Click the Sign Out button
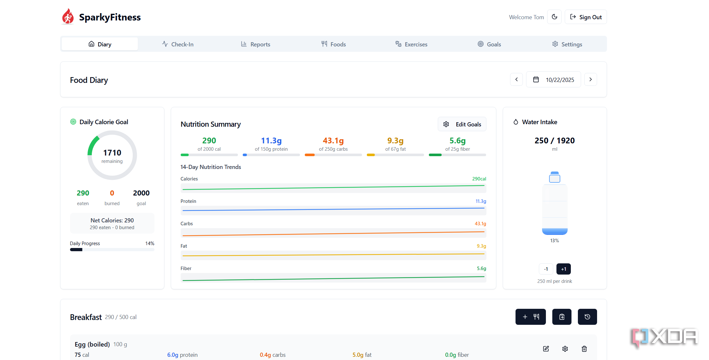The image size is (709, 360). [x=586, y=17]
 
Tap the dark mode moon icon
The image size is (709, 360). [x=555, y=17]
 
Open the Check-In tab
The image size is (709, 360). [x=178, y=44]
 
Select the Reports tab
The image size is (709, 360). [x=256, y=44]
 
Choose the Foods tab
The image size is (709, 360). [x=334, y=44]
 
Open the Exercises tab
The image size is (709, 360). [x=411, y=44]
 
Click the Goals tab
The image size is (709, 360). [x=489, y=44]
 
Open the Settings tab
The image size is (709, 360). [x=567, y=44]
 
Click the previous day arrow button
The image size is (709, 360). [x=516, y=79]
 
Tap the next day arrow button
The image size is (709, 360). [x=591, y=79]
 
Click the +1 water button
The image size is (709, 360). [x=563, y=269]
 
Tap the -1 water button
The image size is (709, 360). [x=546, y=269]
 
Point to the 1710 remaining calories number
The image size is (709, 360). [x=112, y=153]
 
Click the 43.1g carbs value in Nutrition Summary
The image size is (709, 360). [x=333, y=140]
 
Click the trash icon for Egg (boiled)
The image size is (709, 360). [x=584, y=349]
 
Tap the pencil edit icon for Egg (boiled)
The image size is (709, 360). [x=546, y=349]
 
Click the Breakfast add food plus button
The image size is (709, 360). [x=531, y=317]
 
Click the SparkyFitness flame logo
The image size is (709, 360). [x=68, y=17]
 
